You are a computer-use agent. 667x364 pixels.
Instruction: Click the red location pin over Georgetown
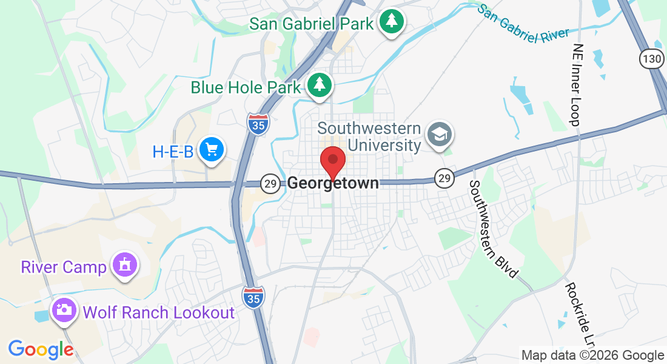(x=333, y=160)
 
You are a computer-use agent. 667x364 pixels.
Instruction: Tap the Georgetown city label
(x=333, y=183)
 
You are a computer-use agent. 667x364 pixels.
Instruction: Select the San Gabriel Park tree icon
(x=392, y=22)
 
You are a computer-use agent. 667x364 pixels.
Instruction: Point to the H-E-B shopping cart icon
(x=212, y=149)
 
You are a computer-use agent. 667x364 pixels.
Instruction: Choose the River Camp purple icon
(x=125, y=265)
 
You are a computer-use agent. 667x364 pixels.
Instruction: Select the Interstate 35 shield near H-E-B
(x=258, y=123)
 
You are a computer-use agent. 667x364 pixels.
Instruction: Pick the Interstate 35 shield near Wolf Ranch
(x=253, y=297)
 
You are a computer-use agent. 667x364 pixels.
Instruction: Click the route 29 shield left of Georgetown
(x=270, y=183)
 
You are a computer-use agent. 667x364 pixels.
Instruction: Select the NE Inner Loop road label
(x=577, y=84)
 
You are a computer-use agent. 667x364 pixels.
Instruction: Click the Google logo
(x=41, y=349)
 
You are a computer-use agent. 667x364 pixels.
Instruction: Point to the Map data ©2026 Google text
(x=592, y=356)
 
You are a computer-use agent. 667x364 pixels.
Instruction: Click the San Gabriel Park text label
(x=311, y=24)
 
